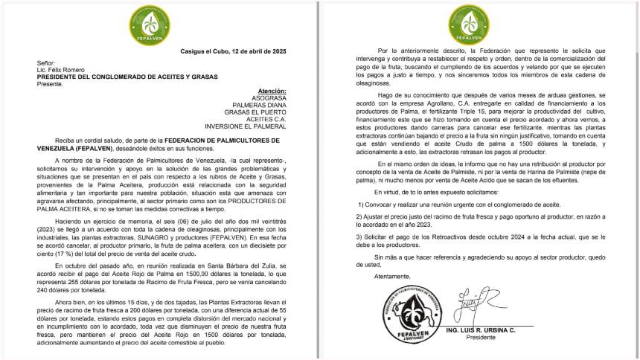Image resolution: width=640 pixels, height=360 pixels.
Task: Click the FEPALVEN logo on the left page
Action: point(157,22)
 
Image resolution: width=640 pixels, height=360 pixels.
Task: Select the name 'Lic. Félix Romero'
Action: point(62,70)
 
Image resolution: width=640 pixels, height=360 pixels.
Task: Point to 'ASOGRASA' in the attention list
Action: point(269,97)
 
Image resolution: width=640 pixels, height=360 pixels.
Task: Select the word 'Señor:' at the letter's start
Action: point(46,63)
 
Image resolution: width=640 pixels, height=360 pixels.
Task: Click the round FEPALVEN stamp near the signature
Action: point(407,317)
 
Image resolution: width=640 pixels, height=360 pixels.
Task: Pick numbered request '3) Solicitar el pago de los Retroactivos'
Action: point(486,236)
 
